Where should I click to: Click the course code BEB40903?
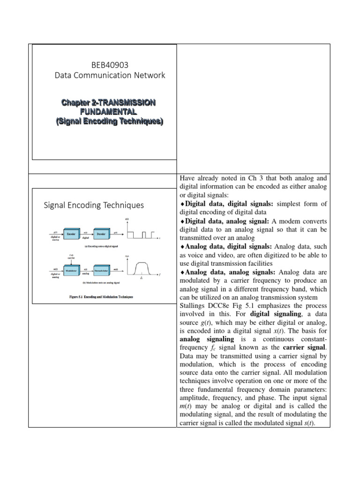(x=104, y=64)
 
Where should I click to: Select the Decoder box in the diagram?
(x=101, y=233)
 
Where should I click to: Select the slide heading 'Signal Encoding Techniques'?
(x=94, y=205)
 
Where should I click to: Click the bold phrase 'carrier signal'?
(x=305, y=347)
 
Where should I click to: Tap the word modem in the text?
(x=281, y=221)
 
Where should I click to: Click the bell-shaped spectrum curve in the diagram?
(x=142, y=268)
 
